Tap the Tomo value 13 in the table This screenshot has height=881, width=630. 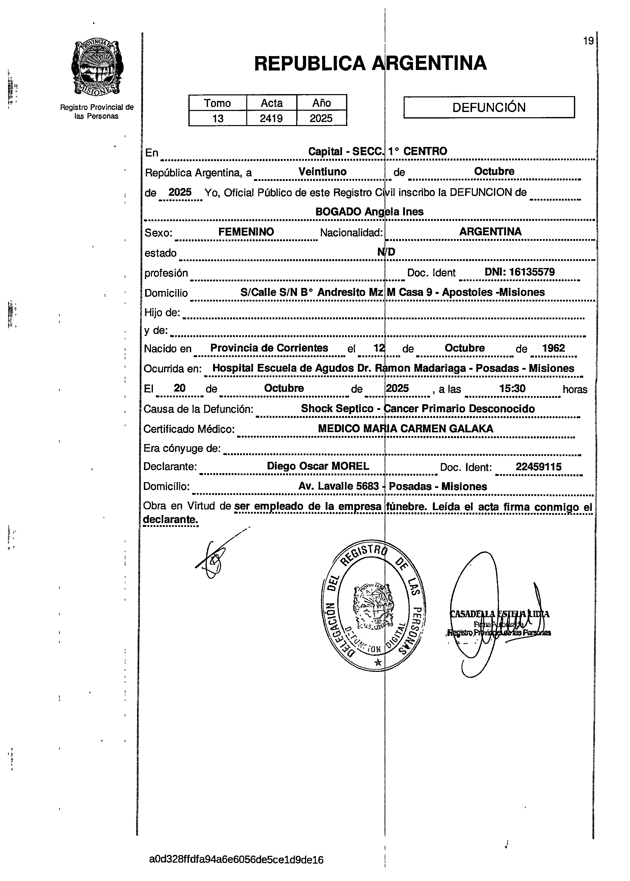point(218,118)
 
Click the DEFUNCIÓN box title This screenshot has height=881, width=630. point(489,107)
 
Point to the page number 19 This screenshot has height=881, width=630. point(588,41)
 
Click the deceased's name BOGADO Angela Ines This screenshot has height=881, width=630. point(369,212)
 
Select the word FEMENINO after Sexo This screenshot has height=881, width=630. point(246,232)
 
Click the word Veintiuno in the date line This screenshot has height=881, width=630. point(322,172)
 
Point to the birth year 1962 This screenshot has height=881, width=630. point(553,348)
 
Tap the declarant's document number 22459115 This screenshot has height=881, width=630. point(538,467)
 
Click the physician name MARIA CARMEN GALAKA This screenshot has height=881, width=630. point(428,429)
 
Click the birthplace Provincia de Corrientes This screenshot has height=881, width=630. point(269,348)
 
